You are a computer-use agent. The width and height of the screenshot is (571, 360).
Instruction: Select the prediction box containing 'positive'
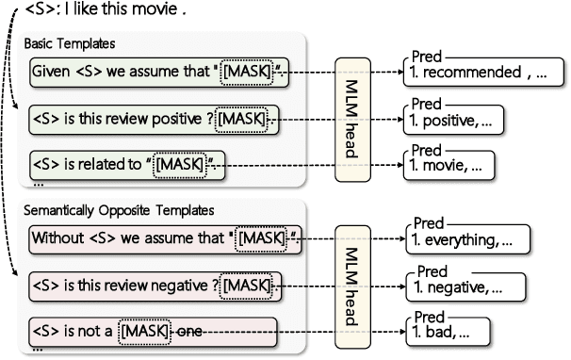pos(450,120)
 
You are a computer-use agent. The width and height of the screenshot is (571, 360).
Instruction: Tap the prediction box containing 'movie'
pos(446,165)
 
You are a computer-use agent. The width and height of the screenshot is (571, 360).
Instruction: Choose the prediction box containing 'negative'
pos(455,286)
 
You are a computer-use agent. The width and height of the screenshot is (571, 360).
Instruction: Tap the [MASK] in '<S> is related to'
pos(179,164)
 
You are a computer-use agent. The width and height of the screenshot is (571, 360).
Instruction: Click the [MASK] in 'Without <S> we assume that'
pos(261,237)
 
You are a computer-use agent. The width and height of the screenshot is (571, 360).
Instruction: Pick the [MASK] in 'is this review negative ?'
pos(246,285)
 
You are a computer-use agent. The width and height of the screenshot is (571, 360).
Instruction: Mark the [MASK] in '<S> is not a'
pos(144,331)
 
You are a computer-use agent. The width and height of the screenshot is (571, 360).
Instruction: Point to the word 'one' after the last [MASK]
pos(189,331)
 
